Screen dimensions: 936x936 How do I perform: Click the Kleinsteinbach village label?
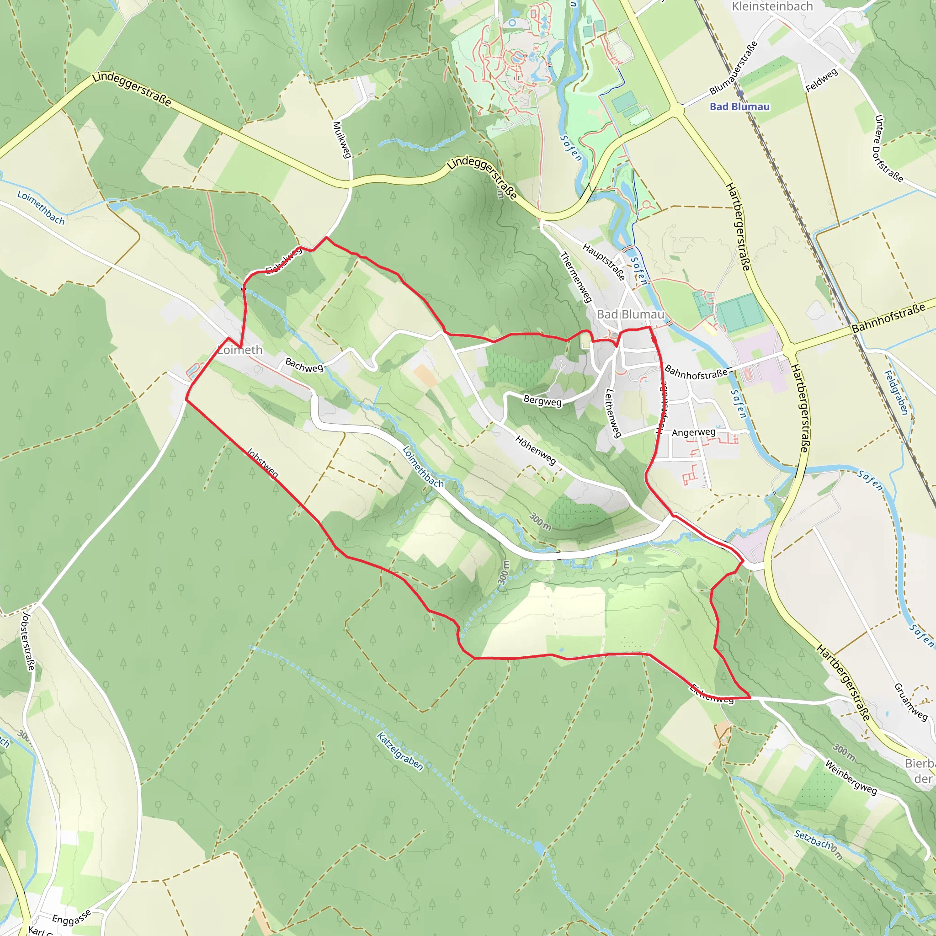[772, 7]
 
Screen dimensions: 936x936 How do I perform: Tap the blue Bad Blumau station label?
[739, 106]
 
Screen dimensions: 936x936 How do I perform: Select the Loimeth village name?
[240, 350]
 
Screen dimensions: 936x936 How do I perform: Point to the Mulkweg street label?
[341, 139]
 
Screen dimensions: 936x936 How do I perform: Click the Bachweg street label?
[304, 365]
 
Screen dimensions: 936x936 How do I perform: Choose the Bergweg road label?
[542, 401]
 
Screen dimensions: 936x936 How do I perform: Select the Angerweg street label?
[693, 432]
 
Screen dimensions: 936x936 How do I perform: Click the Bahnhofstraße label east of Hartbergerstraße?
[888, 318]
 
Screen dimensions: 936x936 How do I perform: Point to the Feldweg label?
[822, 80]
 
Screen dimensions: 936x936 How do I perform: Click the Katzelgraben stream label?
[400, 751]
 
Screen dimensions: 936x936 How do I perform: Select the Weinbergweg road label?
[851, 778]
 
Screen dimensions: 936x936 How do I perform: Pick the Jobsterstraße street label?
[28, 642]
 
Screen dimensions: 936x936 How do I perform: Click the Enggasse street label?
[71, 918]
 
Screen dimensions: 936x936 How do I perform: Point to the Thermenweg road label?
[576, 277]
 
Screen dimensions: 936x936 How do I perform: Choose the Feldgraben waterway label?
[896, 393]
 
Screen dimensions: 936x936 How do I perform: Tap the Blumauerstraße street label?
[733, 68]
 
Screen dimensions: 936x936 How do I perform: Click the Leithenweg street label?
[613, 413]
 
